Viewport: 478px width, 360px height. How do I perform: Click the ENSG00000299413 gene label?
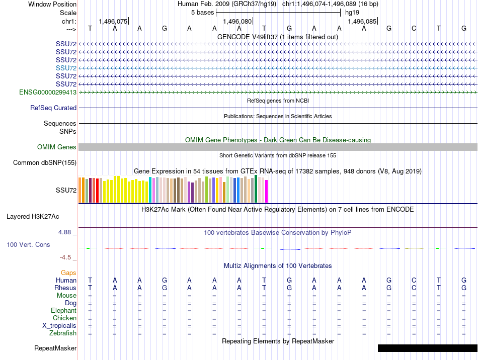coord(48,93)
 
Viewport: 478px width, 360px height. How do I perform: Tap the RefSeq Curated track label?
coord(53,108)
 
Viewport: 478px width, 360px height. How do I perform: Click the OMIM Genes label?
coord(57,147)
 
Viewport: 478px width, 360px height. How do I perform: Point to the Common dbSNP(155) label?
coord(45,162)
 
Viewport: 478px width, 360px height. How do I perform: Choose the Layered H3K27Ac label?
coord(33,217)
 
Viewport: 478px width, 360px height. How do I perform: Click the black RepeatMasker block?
coord(427,348)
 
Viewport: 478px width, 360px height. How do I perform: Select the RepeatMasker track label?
coord(55,348)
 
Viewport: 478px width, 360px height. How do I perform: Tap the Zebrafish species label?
coord(63,333)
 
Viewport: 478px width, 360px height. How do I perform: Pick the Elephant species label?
coord(64,311)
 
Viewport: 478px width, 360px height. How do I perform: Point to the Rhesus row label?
coord(65,288)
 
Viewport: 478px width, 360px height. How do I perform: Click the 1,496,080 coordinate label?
coord(237,22)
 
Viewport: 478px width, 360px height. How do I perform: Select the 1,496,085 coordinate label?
coord(362,22)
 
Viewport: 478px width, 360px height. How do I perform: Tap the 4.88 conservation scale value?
coord(65,232)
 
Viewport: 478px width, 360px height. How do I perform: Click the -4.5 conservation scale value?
coord(65,257)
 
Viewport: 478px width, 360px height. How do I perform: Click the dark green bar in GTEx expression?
coord(256,189)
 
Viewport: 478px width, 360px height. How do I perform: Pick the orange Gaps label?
coord(68,273)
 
